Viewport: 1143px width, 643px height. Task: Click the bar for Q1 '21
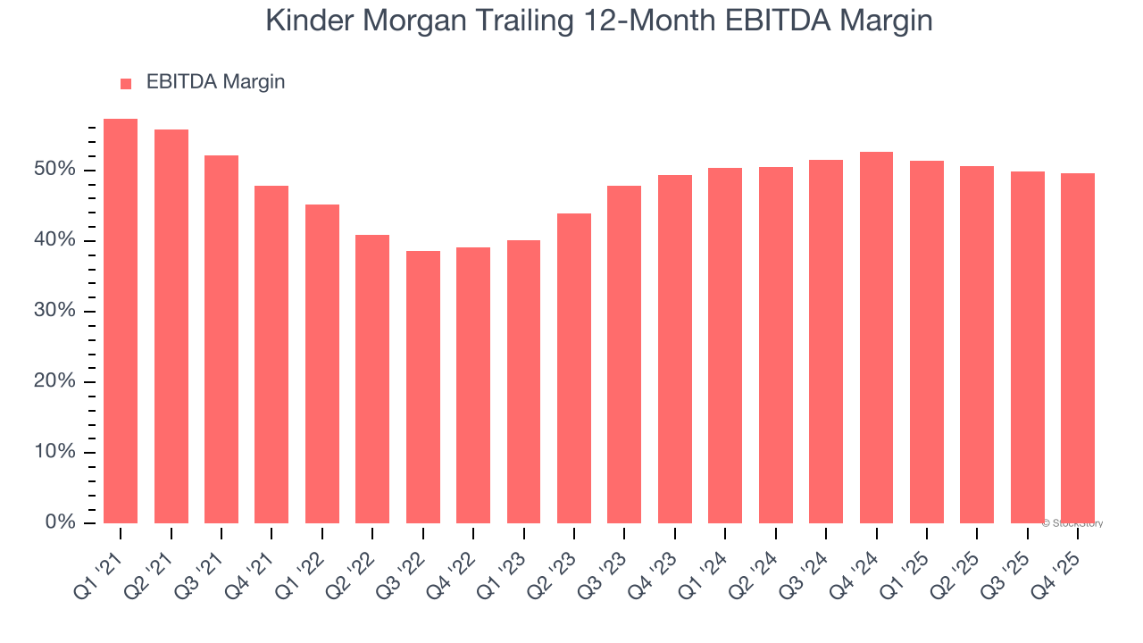(121, 321)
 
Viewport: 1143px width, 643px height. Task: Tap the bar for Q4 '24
(876, 338)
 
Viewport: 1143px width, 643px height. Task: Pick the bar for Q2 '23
(573, 368)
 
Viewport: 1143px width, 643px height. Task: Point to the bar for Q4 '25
(1078, 348)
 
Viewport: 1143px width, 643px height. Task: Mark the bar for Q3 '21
(221, 339)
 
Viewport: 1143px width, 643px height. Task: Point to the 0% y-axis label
(61, 522)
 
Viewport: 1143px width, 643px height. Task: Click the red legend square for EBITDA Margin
(126, 83)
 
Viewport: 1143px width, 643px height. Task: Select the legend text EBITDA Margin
(215, 82)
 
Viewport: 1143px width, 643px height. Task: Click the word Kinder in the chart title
(309, 21)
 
